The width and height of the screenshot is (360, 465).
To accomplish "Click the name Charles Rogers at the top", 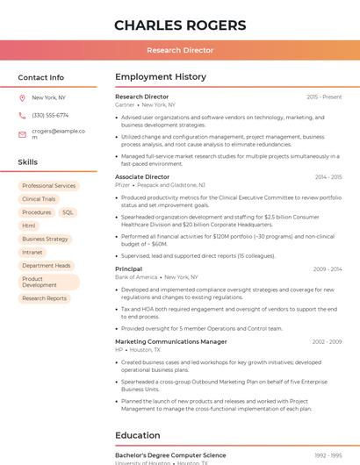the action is tap(179, 24).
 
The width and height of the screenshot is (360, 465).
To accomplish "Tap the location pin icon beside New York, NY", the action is tap(22, 98).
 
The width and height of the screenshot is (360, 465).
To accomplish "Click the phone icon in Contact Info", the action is tap(22, 116).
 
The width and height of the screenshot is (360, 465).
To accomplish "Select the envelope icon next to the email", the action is tap(22, 134).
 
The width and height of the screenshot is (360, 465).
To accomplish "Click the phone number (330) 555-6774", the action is tap(50, 116).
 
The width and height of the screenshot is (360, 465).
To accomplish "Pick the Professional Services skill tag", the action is tap(49, 186).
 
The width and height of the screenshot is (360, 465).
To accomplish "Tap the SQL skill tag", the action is tap(68, 212).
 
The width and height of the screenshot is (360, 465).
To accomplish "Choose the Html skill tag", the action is tap(29, 225).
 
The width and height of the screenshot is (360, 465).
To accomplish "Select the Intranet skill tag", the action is tap(32, 253).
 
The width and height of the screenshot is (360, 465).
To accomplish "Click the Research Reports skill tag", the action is tap(45, 298).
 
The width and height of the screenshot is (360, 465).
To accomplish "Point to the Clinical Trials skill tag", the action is tap(39, 199).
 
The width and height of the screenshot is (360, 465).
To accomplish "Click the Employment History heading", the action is tap(161, 77).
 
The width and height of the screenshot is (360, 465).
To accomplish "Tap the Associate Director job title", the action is tap(142, 177).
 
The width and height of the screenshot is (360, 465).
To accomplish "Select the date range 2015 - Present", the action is tap(324, 97).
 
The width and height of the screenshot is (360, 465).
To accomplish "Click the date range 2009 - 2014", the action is tap(327, 269).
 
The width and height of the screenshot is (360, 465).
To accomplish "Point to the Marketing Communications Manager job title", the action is tap(171, 342).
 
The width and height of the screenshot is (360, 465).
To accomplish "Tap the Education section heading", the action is tap(138, 435).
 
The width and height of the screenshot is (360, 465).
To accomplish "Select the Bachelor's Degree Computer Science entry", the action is tap(170, 455).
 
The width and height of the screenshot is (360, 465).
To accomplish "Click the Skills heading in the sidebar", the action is tap(28, 162).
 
